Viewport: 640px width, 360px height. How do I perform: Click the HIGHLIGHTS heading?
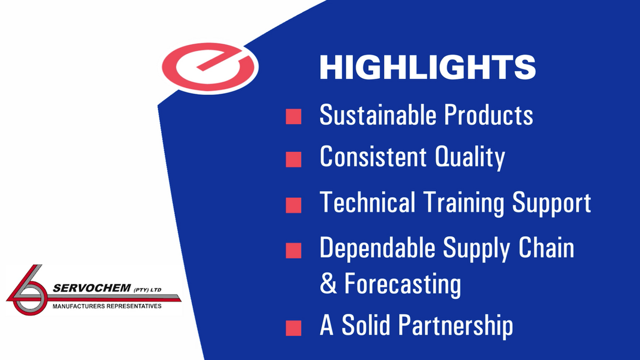(427, 67)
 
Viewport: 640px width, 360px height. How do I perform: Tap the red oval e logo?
(210, 67)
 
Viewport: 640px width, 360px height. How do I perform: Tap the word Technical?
(368, 202)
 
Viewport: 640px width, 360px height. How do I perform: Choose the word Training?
(464, 203)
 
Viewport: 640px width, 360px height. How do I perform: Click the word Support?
(552, 203)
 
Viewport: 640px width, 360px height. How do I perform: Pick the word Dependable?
(378, 248)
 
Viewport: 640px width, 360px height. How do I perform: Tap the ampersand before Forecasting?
(328, 284)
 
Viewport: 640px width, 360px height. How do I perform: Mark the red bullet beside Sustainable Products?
(294, 117)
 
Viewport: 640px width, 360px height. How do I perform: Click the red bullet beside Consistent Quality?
(294, 159)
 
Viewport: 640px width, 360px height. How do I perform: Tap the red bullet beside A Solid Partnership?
(294, 328)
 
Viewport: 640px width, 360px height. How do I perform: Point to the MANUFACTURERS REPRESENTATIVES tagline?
(107, 306)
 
